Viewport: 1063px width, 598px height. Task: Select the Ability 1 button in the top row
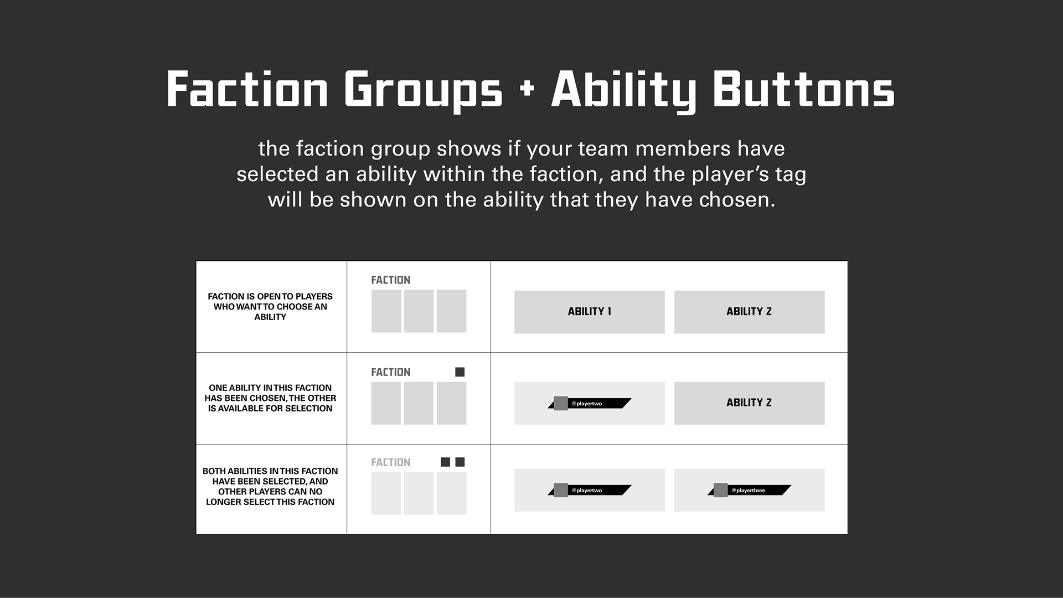[x=589, y=312]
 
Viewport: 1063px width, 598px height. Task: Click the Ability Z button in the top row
[x=749, y=312]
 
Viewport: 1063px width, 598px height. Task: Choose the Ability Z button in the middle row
[x=749, y=403]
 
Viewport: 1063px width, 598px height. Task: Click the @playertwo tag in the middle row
[x=590, y=404]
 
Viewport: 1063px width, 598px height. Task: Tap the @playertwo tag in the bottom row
[x=590, y=490]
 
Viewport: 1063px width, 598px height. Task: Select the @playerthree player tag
[x=750, y=490]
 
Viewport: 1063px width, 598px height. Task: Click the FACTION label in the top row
[x=390, y=280]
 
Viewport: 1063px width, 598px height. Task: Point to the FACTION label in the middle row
[x=390, y=372]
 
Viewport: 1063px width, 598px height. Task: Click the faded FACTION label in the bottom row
[x=390, y=462]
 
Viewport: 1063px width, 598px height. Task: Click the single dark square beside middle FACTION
[x=460, y=372]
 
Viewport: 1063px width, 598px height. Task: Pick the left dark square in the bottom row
[x=445, y=462]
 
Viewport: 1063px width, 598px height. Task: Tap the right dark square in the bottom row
[x=460, y=462]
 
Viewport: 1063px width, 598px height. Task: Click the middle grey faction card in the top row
[x=419, y=311]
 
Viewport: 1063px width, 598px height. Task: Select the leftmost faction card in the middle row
[x=386, y=403]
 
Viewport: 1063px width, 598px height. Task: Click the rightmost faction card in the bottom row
[x=451, y=493]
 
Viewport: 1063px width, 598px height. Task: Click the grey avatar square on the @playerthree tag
[x=720, y=490]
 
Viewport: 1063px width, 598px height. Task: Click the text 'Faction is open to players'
[x=270, y=296]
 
